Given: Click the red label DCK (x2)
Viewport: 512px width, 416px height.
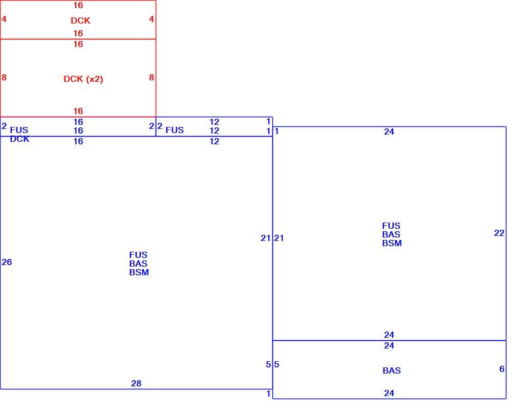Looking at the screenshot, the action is (83, 79).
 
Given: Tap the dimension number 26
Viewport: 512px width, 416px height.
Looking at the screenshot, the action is (7, 262).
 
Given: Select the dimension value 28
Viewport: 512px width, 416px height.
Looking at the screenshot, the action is (136, 383).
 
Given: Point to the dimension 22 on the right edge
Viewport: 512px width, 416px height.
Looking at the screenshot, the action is (499, 233).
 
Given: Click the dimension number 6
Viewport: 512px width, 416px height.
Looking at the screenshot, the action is (502, 369).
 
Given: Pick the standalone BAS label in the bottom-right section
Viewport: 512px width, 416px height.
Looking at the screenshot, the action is (392, 370).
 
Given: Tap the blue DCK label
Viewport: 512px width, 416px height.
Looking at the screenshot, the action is (19, 139).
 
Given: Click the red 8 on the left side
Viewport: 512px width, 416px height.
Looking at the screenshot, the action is (4, 77).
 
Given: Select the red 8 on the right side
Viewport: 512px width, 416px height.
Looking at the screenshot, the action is (152, 77).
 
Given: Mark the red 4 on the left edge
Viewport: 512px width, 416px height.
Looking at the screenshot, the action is (4, 19).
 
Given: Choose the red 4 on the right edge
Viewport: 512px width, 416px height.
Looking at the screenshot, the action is (151, 19).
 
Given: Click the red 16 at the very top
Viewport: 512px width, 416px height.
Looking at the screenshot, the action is (78, 5).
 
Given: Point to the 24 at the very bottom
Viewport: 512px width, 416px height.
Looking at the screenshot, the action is (389, 393).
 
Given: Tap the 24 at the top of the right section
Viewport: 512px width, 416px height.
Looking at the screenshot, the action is (389, 132).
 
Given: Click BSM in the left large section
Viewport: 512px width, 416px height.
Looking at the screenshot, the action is (139, 272).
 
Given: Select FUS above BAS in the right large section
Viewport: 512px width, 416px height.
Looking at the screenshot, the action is (391, 226).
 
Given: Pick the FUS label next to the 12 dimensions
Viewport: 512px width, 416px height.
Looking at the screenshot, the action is (175, 130).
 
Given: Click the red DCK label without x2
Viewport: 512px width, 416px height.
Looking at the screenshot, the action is (80, 20).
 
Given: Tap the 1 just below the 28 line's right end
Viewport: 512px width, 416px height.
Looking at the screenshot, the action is (268, 394).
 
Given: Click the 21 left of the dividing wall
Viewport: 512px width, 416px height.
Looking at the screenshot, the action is (265, 238).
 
